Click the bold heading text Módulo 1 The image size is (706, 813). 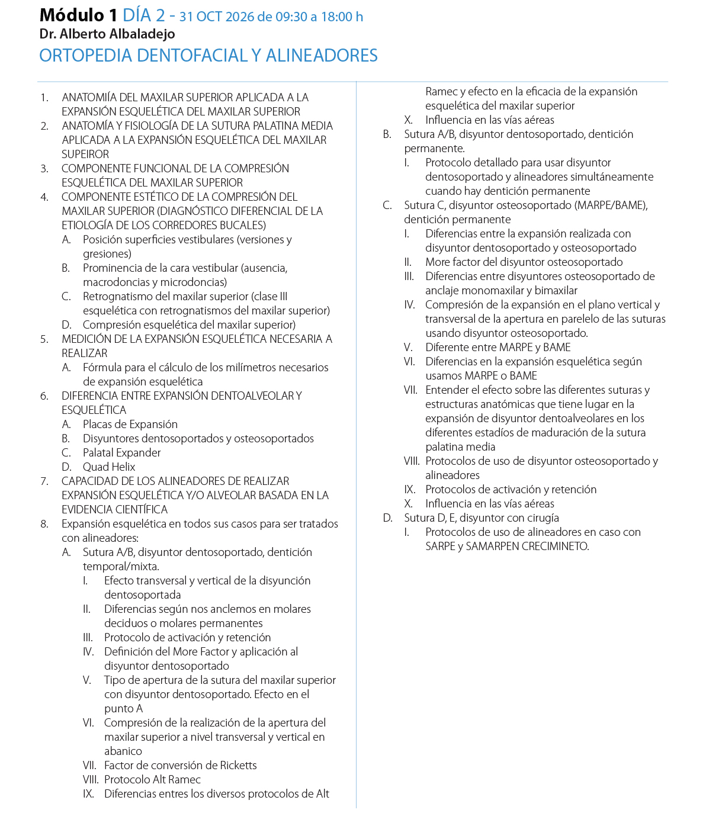[x=78, y=15]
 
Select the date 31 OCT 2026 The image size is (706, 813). [x=217, y=17]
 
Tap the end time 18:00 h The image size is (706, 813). [x=342, y=17]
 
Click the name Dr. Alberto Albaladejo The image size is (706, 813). [x=107, y=34]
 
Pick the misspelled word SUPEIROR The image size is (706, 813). [x=85, y=154]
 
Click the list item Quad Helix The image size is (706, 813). [x=109, y=467]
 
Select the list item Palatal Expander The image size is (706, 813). [x=121, y=452]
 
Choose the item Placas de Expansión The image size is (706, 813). [x=130, y=424]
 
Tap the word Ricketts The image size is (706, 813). [x=238, y=765]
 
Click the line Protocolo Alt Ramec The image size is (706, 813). [x=152, y=779]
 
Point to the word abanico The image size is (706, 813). [x=123, y=751]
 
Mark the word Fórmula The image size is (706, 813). [x=102, y=367]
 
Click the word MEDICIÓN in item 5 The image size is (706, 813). [x=86, y=339]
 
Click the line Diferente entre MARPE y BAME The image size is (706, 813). [x=498, y=347]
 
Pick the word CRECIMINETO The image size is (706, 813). [x=555, y=546]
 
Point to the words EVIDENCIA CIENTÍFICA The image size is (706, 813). [x=114, y=509]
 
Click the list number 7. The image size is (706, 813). [x=44, y=481]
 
